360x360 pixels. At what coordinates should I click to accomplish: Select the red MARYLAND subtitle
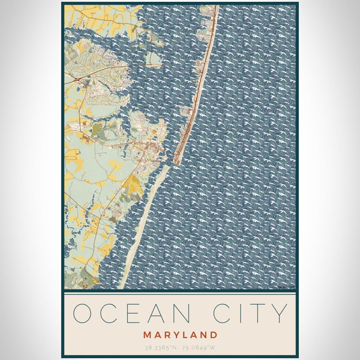[x=180, y=334]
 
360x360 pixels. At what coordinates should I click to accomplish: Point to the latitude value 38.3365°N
[x=161, y=347]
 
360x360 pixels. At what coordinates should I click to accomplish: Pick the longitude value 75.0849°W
[x=199, y=347]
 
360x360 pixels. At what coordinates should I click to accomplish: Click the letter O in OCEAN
[x=83, y=313]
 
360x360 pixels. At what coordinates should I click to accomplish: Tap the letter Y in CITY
[x=278, y=313]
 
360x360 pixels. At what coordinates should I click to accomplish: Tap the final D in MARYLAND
[x=214, y=334]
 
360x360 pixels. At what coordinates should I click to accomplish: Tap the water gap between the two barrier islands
[x=172, y=167]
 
